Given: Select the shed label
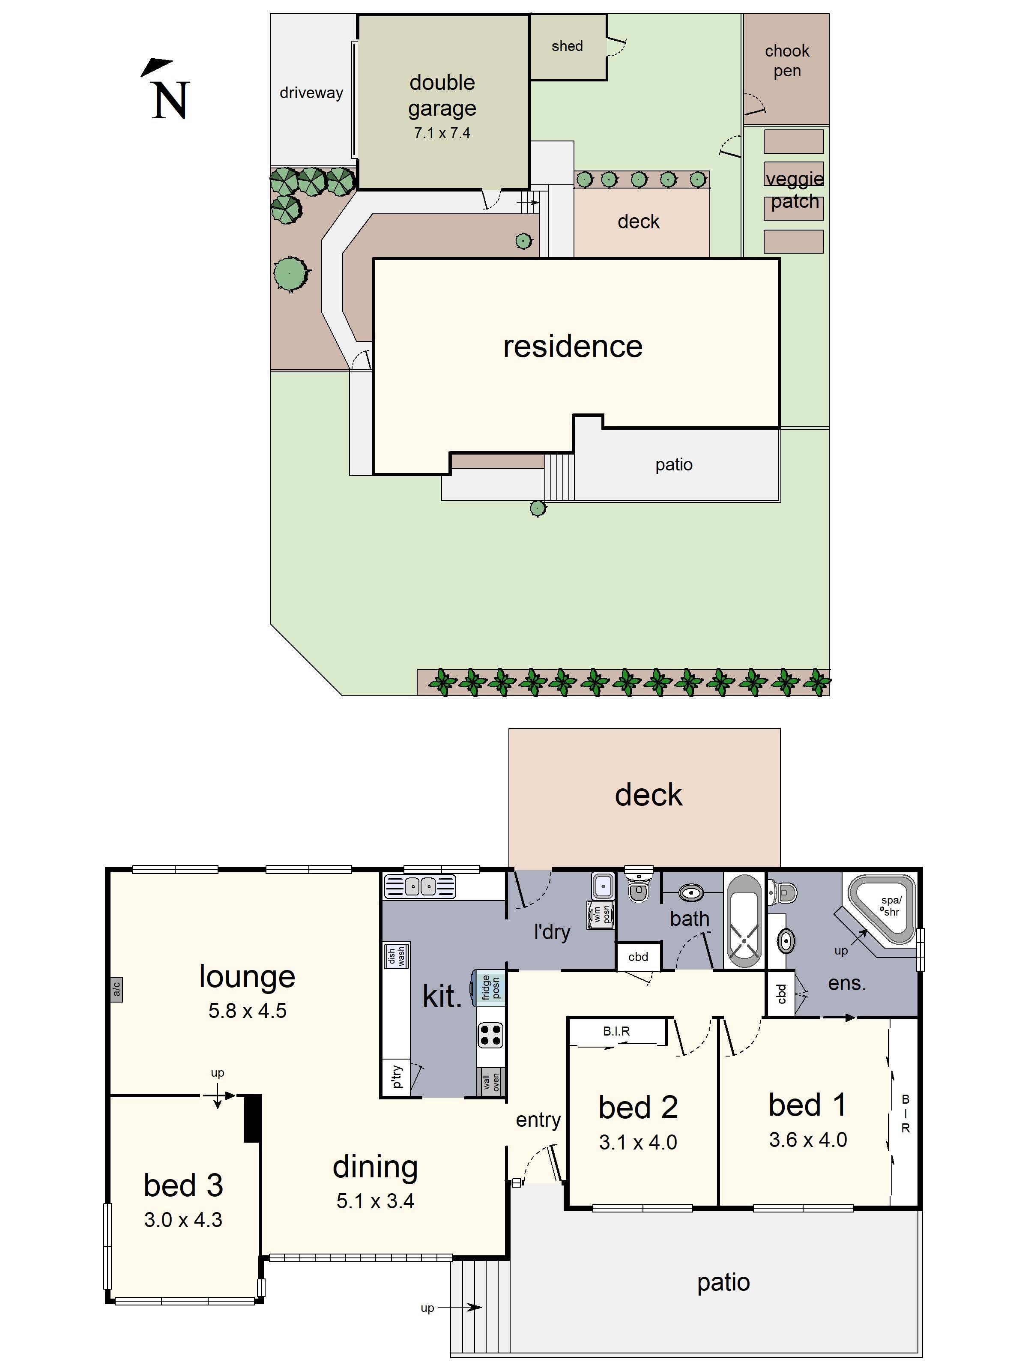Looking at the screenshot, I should (567, 46).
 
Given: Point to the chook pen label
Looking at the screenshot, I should (786, 61).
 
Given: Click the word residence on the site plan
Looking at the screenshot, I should (573, 347).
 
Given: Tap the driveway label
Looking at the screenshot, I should (311, 93).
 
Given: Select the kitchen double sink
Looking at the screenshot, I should (421, 886).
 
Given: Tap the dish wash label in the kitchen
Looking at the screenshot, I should (397, 956).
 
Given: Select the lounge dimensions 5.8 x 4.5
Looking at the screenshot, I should (247, 1011).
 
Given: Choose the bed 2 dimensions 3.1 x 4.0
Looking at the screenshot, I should (638, 1142).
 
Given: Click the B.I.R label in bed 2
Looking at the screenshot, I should (616, 1031).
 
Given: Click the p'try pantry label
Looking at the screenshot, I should (397, 1077).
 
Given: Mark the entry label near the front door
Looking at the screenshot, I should (538, 1120).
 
